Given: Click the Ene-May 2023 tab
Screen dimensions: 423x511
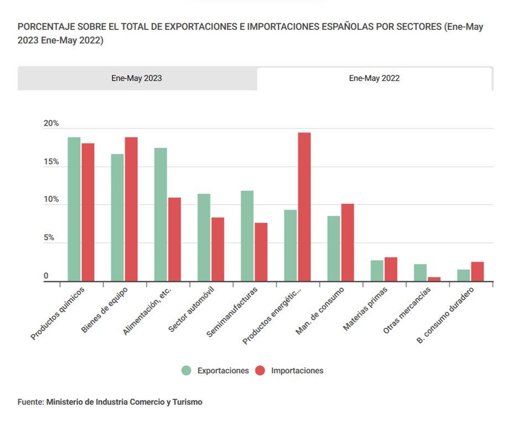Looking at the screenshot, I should (x=137, y=78).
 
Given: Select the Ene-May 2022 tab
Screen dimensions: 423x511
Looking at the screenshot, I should (x=374, y=78).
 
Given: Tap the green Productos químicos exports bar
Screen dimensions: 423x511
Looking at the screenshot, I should (x=74, y=209).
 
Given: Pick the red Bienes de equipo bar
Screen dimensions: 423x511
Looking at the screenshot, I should (x=131, y=209).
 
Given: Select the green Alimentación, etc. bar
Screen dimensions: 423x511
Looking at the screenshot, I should (x=160, y=215).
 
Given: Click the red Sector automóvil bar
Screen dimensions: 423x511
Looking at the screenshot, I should (x=218, y=249).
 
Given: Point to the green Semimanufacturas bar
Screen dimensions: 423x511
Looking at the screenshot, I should (x=247, y=236).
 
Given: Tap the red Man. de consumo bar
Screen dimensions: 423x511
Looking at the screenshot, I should (x=347, y=243).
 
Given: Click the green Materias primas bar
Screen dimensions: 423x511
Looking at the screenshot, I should (x=377, y=271).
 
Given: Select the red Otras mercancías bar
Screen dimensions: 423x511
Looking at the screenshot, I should (x=434, y=279).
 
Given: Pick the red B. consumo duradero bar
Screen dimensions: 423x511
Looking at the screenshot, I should (x=477, y=271).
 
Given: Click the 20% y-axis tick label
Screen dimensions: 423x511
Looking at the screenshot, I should (x=51, y=123).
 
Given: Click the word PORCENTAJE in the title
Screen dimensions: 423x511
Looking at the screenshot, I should (x=42, y=27).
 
